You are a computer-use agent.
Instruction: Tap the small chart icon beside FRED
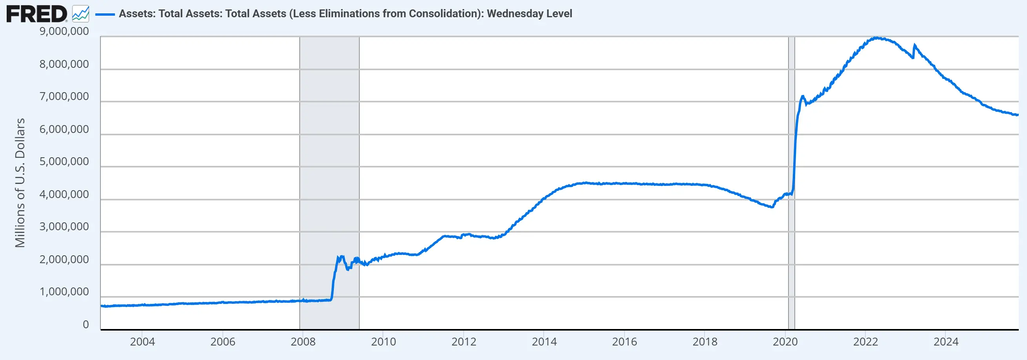80,14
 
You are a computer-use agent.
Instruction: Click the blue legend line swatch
105,14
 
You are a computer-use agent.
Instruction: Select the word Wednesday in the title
515,14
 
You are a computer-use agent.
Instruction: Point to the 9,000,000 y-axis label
64,31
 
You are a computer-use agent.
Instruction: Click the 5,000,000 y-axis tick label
64,162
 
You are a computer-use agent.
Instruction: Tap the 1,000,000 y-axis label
64,292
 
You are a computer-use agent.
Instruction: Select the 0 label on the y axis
86,325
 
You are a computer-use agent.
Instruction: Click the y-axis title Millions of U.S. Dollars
20,183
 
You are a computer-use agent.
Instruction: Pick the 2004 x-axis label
142,342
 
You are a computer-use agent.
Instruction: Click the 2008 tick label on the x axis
303,342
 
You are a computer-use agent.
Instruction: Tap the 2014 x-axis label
544,342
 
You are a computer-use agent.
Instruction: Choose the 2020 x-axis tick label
785,342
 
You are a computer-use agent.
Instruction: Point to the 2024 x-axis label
946,342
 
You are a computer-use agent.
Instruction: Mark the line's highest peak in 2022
875,38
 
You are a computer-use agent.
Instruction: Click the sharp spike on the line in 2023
914,45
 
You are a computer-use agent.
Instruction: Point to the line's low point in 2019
772,207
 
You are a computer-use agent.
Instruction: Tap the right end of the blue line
1017,115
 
